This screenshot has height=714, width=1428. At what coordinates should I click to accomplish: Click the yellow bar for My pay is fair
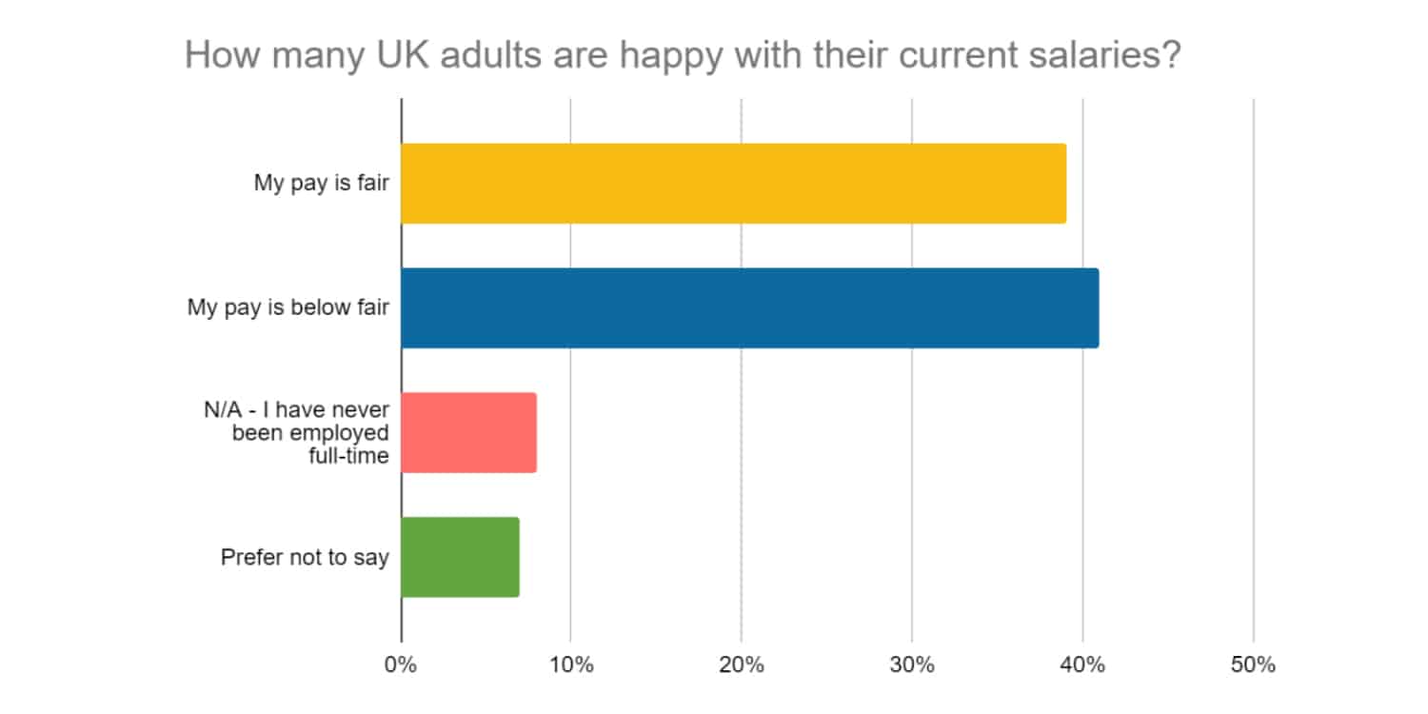point(733,184)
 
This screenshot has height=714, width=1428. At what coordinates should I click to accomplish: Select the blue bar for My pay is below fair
point(749,308)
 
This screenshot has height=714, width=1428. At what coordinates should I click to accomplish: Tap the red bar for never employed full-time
point(468,432)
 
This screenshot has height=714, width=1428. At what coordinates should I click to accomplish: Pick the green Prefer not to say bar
point(460,557)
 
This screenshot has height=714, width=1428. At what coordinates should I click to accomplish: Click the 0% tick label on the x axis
point(400,665)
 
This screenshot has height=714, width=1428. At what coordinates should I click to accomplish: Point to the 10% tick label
point(570,665)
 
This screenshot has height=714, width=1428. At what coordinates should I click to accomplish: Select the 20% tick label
point(741,665)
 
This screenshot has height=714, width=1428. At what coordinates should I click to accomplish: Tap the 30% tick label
point(911,665)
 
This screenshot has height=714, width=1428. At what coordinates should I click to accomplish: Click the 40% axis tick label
point(1081,665)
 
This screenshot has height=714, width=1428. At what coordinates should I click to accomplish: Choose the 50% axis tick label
point(1252,665)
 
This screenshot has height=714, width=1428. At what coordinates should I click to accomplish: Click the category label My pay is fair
point(321,184)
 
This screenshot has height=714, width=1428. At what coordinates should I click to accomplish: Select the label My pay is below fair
point(288,308)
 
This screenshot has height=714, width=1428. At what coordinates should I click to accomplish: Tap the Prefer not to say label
point(305,557)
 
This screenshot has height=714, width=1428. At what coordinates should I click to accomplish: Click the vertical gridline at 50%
point(1253,381)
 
